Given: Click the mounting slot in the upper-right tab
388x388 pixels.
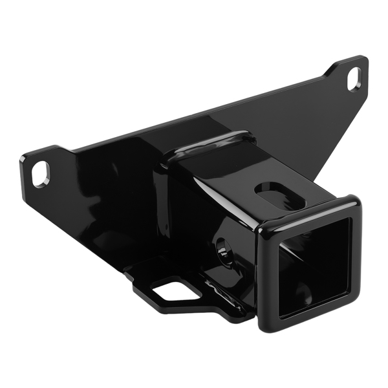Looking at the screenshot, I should coord(354,78).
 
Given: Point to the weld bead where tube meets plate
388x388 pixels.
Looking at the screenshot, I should coord(207,144).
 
